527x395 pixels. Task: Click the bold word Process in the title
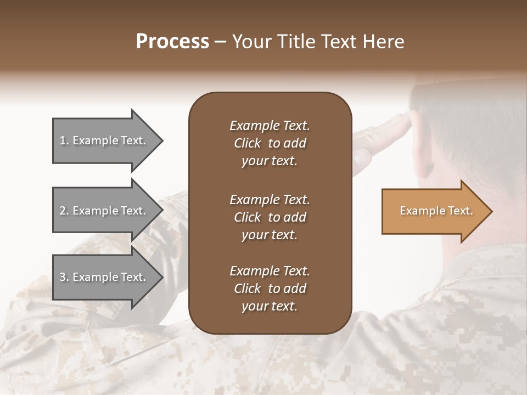172,42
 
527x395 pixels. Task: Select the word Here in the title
384,42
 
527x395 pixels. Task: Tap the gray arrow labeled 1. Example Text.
104,140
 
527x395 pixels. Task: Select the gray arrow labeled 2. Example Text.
104,211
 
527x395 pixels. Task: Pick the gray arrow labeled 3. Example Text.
104,277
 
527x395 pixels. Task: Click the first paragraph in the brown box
270,143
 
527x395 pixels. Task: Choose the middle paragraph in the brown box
270,217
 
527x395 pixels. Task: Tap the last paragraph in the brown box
270,289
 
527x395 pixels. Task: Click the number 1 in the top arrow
62,140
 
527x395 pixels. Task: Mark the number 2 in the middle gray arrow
62,211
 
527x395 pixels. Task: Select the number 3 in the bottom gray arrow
62,277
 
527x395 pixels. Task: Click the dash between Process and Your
220,42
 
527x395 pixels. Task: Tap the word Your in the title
251,42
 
